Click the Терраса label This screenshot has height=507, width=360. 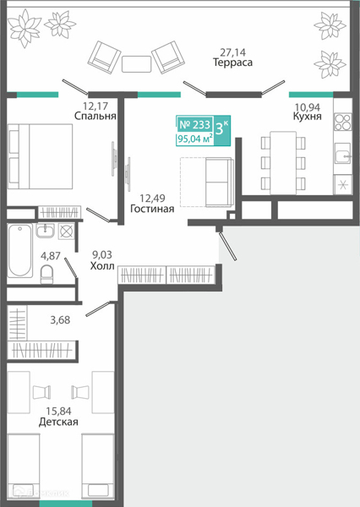(232, 62)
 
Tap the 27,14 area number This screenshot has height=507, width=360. (233, 52)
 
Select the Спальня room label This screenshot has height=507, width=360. (95, 116)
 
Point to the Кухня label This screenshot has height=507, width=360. (308, 116)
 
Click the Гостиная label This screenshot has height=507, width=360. (152, 209)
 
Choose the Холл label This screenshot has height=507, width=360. (102, 266)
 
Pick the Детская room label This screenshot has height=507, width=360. (58, 422)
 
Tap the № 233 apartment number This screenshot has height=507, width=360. (194, 124)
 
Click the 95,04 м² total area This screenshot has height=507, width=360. (194, 139)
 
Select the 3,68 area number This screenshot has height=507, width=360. (60, 320)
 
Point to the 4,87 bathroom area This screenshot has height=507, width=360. (51, 256)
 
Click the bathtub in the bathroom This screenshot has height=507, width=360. (20, 250)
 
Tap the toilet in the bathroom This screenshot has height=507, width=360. (46, 274)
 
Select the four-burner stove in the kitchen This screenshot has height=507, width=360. (343, 122)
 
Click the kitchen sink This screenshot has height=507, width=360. (342, 153)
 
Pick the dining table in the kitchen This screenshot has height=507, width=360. (283, 162)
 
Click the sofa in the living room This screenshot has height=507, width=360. (220, 182)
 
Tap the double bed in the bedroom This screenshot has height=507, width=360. (40, 156)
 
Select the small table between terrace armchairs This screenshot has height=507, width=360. (136, 64)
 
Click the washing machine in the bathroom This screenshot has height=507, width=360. (66, 232)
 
